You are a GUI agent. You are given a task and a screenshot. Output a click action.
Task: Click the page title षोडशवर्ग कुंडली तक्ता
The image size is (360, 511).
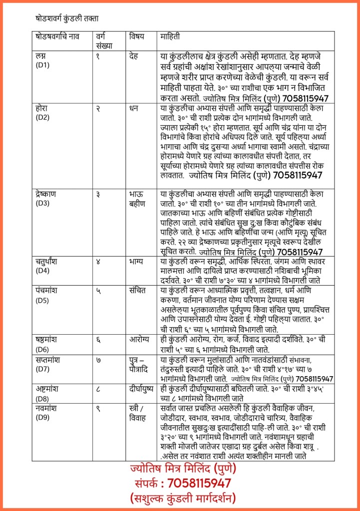point(66,18)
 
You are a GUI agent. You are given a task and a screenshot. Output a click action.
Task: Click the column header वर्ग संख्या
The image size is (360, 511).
point(105,40)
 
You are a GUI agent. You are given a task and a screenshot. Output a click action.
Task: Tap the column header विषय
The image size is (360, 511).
point(137,36)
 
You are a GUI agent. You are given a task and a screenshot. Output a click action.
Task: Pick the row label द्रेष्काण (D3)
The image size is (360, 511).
point(49,198)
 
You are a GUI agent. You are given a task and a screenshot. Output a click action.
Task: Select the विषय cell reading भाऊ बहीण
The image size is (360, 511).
point(137,198)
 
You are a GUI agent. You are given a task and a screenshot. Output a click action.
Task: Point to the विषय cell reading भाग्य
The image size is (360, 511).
point(136,261)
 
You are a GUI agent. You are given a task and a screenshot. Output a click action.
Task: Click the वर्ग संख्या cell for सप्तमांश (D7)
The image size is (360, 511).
point(98,360)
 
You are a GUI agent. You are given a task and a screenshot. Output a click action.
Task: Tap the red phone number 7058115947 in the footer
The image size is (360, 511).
point(199,484)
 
